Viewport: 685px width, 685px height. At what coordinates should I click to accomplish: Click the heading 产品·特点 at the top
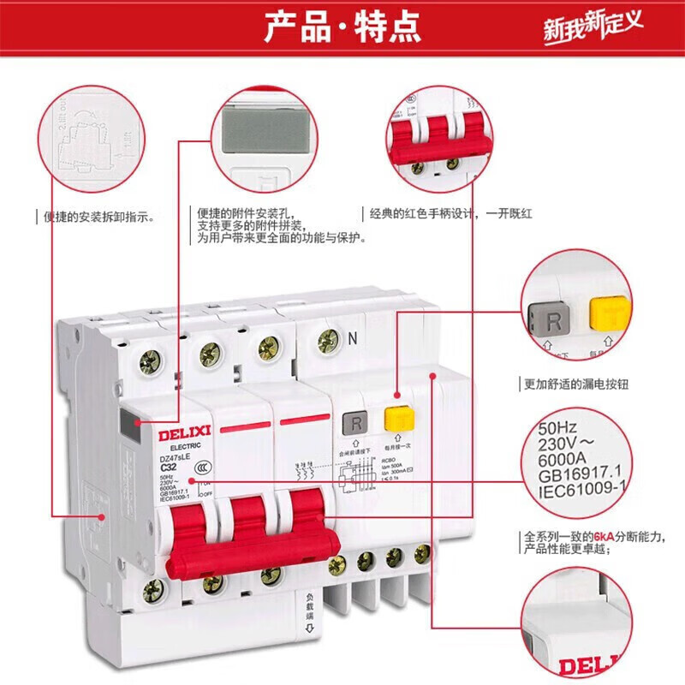pos(342,27)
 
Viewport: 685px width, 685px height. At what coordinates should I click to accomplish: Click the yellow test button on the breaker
pos(396,420)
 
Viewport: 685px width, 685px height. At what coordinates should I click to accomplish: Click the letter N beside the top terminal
pos(352,337)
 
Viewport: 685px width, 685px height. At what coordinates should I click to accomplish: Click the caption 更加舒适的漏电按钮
pos(576,384)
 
